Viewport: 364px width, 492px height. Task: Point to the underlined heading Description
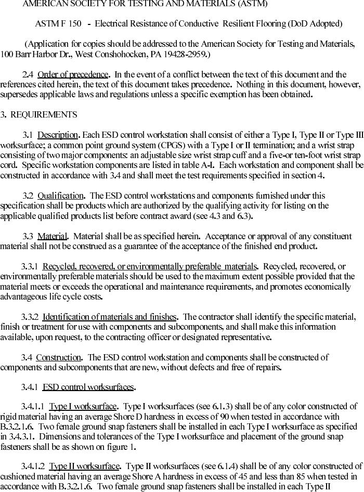point(58,135)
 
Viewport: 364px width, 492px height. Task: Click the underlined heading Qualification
point(60,196)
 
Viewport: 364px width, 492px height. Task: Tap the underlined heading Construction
point(59,357)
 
